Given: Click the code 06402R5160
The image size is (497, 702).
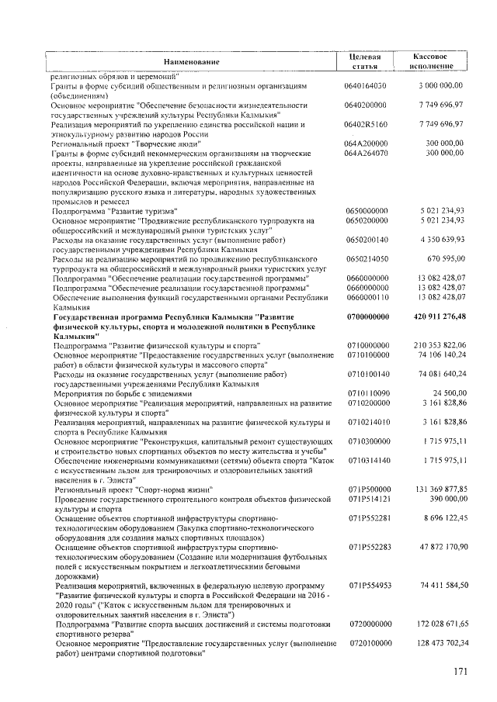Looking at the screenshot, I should [x=367, y=124].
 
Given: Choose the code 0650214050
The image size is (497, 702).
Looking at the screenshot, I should [x=367, y=259].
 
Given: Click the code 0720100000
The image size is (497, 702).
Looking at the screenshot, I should [x=367, y=643].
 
